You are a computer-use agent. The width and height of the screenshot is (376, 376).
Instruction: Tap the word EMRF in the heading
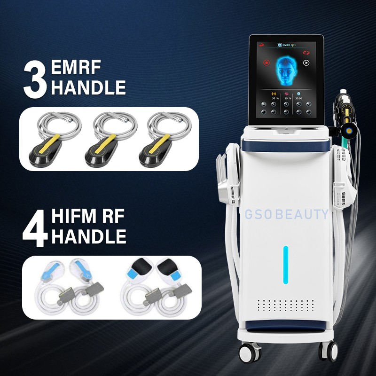coord(78,69)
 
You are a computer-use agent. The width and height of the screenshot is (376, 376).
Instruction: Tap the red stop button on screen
coord(266,62)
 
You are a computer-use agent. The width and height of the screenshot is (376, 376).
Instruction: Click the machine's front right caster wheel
coord(329,350)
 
